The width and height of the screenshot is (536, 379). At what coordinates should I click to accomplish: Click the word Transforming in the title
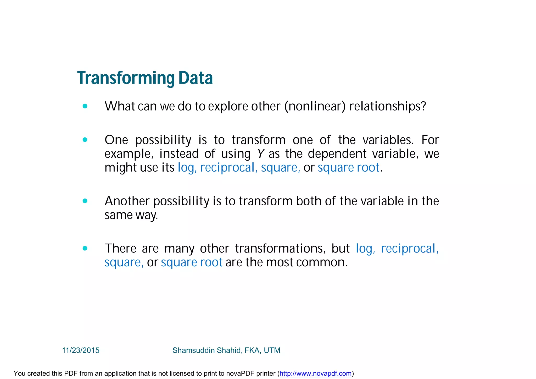click(x=126, y=78)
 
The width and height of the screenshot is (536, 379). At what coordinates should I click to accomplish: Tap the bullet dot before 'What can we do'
click(x=85, y=106)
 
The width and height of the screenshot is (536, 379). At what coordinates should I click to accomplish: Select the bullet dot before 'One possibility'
click(x=85, y=140)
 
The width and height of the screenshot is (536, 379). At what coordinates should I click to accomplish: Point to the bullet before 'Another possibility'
click(x=85, y=201)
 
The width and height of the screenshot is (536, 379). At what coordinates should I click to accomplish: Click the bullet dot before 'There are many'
click(x=85, y=248)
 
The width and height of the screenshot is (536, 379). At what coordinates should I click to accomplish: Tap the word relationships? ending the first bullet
click(x=388, y=106)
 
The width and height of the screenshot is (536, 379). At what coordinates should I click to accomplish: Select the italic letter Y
click(x=260, y=154)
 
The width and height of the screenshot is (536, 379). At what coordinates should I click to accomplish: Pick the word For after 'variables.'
click(x=430, y=140)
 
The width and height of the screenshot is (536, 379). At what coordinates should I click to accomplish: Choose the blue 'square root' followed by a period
click(x=348, y=168)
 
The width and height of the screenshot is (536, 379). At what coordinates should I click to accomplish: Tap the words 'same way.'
click(x=131, y=215)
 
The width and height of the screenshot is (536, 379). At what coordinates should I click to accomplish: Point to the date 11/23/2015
click(x=81, y=350)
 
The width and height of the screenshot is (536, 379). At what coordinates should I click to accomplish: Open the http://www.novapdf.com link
click(x=315, y=373)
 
